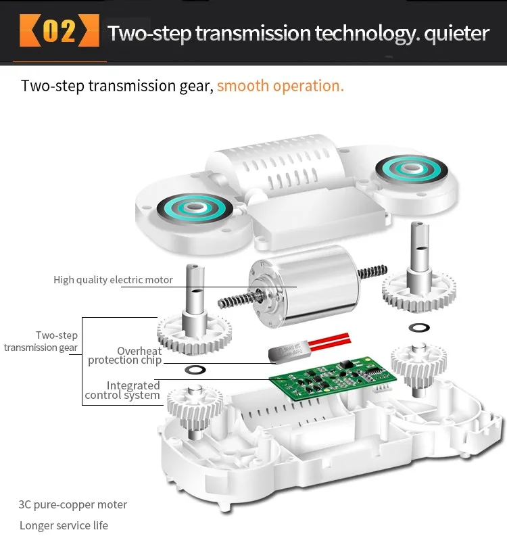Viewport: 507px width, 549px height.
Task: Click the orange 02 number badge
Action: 59,32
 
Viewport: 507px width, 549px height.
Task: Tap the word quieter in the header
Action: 456,32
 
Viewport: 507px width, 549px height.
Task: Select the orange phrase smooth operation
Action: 280,86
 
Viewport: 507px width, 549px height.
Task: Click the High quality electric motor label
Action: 113,279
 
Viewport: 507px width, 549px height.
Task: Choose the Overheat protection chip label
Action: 125,356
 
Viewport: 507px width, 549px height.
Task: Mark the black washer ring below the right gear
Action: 418,328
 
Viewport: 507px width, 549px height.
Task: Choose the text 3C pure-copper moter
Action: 73,504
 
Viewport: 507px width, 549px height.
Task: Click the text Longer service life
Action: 64,525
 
